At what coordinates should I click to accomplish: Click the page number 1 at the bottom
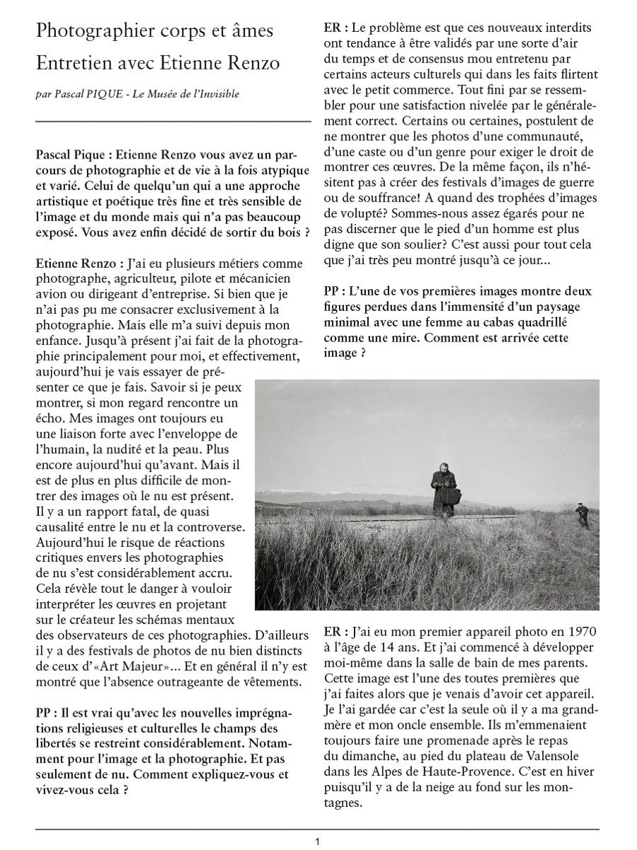point(318,841)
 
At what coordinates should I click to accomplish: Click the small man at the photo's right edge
point(582,514)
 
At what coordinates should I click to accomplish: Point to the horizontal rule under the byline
point(173,122)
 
